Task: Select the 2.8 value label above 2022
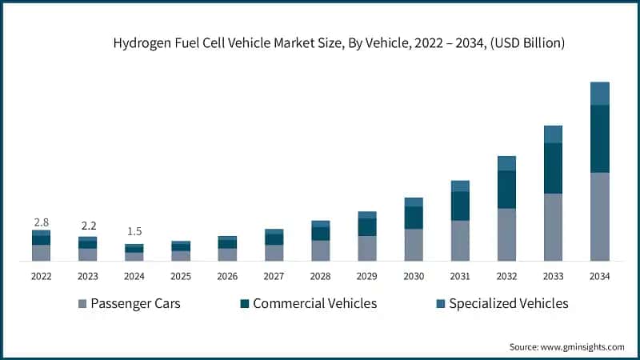41,221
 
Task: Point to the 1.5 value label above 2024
134,232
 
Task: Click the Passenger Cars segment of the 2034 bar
599,216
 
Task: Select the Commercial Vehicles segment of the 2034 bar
599,138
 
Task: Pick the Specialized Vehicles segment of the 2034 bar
599,94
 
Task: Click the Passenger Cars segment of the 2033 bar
553,226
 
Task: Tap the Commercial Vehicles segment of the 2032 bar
506,190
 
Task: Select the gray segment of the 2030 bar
414,245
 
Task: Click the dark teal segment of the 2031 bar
460,206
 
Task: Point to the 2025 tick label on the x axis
180,276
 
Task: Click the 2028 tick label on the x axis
320,276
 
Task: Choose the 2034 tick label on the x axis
599,276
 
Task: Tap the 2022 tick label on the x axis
41,276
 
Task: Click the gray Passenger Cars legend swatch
82,304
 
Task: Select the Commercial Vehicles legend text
314,303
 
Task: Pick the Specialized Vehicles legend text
508,303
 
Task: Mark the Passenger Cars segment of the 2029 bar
367,248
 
